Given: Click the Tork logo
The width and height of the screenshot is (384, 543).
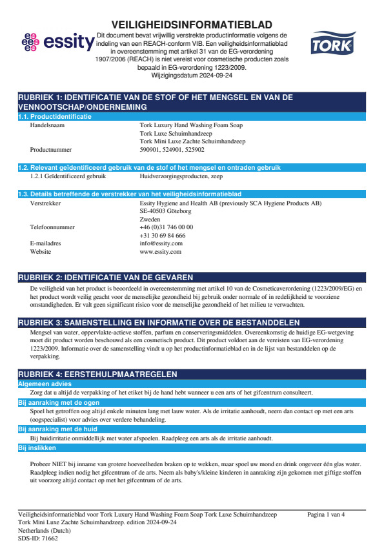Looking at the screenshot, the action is pyautogui.click(x=328, y=45).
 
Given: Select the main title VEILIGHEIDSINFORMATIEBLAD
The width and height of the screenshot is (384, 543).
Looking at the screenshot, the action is pyautogui.click(x=192, y=25).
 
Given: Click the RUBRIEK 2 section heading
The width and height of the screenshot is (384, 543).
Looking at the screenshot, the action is pyautogui.click(x=105, y=277).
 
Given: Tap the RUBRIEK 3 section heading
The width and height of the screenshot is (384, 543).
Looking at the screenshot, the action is pyautogui.click(x=158, y=322).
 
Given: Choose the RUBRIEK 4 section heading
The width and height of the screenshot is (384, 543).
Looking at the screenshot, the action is pyautogui.click(x=97, y=374).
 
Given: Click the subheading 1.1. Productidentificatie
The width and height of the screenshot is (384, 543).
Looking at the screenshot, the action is pyautogui.click(x=55, y=117).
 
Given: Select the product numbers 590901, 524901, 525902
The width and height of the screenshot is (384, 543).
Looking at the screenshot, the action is pyautogui.click(x=172, y=149).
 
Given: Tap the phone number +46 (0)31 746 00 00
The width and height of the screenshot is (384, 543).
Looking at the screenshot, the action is pyautogui.click(x=167, y=227).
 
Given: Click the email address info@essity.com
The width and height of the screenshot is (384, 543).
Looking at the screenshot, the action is pyautogui.click(x=161, y=243).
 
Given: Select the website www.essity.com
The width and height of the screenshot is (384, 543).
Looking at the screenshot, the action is pyautogui.click(x=161, y=252).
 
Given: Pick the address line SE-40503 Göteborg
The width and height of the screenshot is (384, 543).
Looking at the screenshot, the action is pyautogui.click(x=165, y=210).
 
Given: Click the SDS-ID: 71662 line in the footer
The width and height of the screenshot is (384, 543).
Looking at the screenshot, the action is pyautogui.click(x=38, y=537).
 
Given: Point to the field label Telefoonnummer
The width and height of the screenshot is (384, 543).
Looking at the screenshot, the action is pyautogui.click(x=53, y=227).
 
